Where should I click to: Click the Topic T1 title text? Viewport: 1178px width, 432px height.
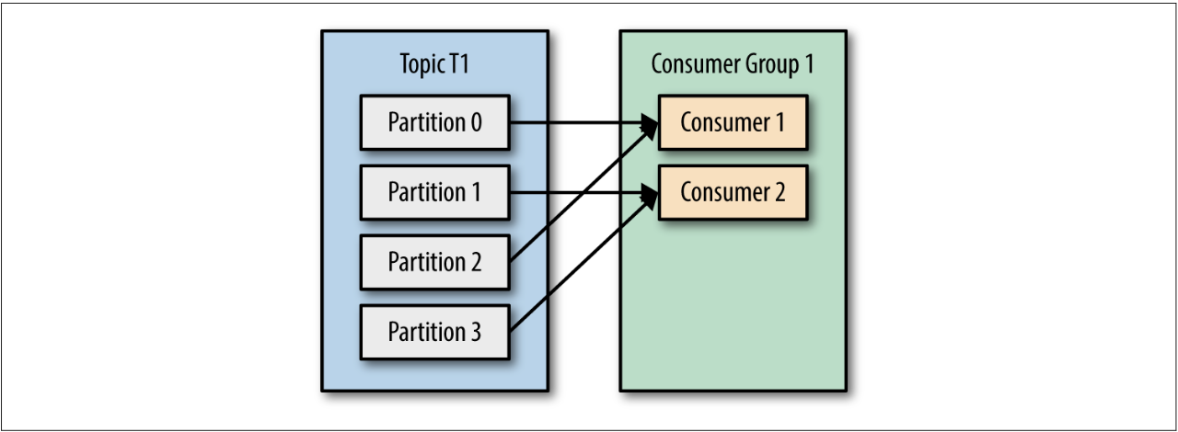tap(434, 64)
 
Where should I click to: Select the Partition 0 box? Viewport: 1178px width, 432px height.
tap(434, 122)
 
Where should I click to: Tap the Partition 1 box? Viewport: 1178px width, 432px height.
tap(434, 192)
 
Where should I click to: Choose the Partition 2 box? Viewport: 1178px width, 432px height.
tap(434, 262)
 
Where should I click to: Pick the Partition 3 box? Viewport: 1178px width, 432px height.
tap(434, 332)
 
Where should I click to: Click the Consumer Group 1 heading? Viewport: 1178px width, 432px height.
tap(733, 64)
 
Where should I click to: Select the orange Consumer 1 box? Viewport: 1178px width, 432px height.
tap(733, 122)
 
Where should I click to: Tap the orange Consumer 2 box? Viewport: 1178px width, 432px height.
tap(733, 192)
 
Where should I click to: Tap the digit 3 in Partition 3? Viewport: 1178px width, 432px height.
tap(474, 332)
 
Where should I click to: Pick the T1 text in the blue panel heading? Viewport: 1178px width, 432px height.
tap(458, 64)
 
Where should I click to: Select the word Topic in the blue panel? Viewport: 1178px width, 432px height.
tap(422, 65)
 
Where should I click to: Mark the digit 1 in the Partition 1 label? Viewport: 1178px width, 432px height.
tap(475, 192)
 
